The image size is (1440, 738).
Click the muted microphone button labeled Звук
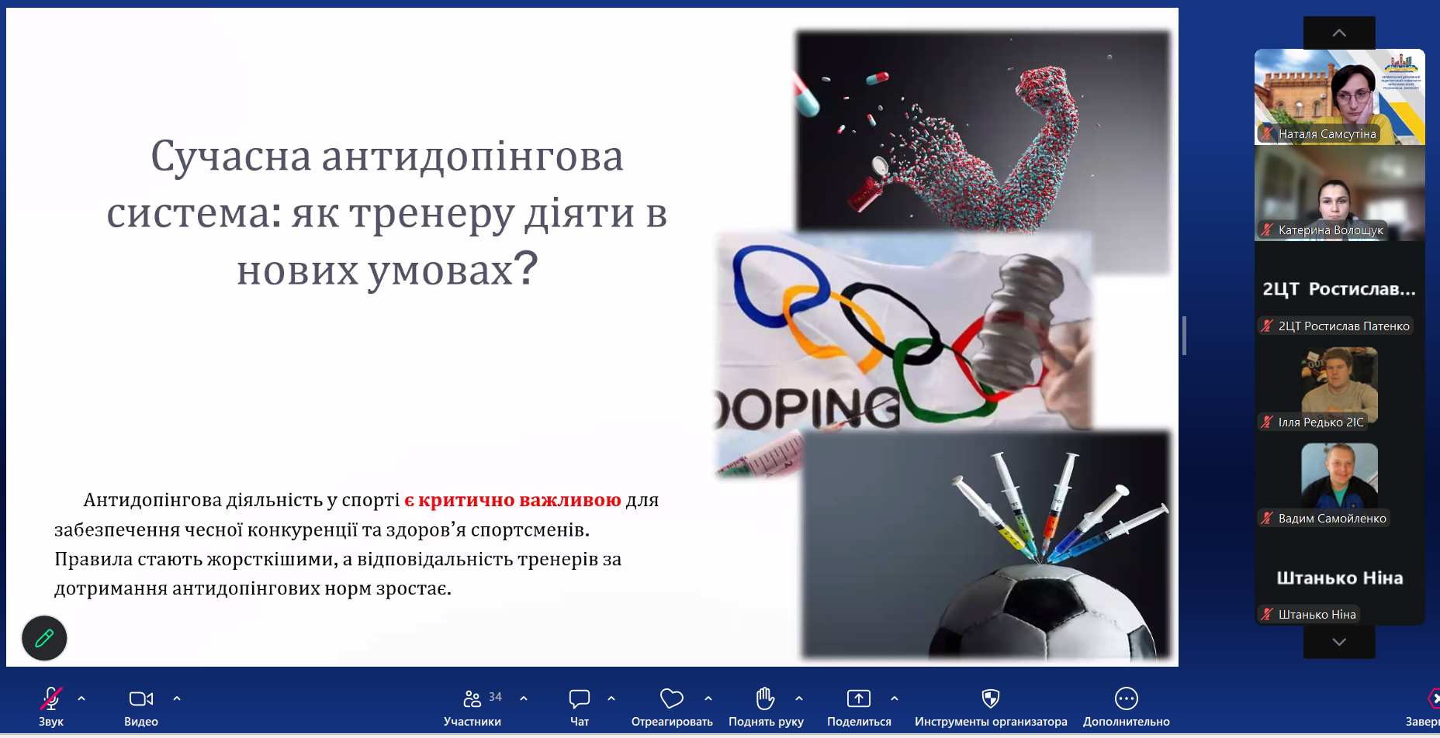[51, 705]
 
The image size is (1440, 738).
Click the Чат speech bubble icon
[580, 698]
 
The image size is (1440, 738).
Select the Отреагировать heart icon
[672, 698]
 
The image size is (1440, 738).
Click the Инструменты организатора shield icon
[991, 698]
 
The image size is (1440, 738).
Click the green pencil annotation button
[44, 638]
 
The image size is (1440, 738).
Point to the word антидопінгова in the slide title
[472, 156]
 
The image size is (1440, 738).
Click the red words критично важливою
[520, 500]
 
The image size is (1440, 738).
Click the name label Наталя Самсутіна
[1327, 134]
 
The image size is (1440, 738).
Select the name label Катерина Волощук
[1331, 230]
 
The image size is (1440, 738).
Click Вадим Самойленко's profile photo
[1340, 475]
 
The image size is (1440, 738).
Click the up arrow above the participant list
[1339, 33]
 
